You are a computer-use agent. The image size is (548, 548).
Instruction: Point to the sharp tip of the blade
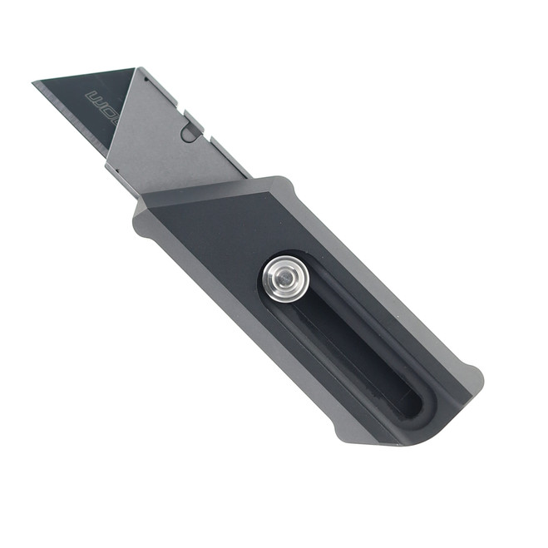34,82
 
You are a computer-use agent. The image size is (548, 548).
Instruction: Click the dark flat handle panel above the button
225,225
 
